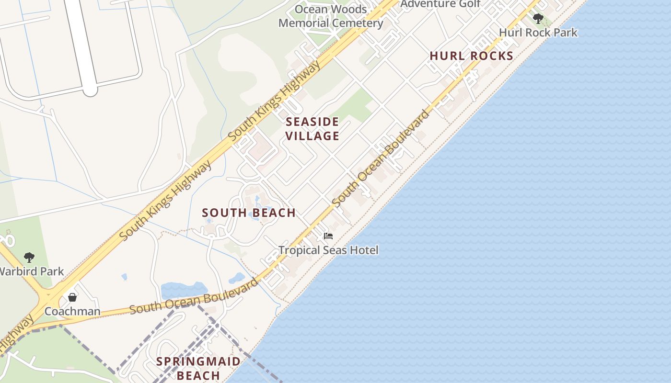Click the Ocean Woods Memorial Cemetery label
(x=331, y=16)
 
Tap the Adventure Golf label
(x=440, y=4)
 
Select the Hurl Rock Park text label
(x=538, y=33)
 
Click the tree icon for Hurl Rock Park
(x=538, y=19)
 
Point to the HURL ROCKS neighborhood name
(x=471, y=56)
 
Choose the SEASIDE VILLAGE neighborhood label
(x=312, y=129)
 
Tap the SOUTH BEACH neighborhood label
(x=249, y=213)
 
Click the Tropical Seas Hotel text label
(x=328, y=250)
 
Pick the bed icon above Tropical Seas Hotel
(x=328, y=236)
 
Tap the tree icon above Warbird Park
(x=29, y=258)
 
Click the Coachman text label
(x=72, y=312)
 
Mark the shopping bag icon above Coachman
(x=72, y=297)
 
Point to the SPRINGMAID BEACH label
(x=198, y=368)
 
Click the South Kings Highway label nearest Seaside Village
(x=274, y=101)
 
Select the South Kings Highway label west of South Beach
(x=165, y=201)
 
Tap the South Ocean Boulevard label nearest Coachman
(x=194, y=296)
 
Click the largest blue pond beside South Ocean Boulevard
(x=184, y=290)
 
